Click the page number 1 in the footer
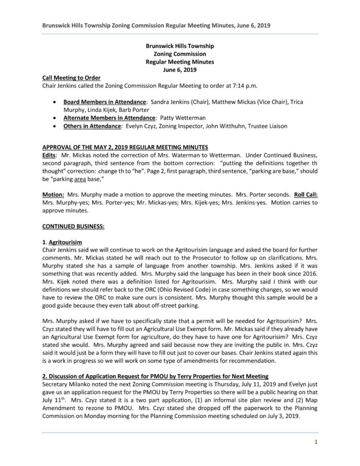tap(315, 441)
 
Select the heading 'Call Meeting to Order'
tap(71, 77)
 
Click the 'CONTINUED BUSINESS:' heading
tap(73, 225)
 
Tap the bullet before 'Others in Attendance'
tap(55, 126)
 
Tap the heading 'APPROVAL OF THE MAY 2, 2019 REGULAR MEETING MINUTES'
tap(125, 147)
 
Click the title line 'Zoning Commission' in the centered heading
tap(180, 54)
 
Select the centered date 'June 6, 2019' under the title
tap(180, 70)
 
